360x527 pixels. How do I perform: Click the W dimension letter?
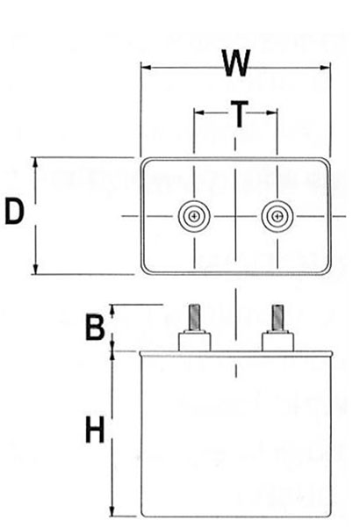[236, 63]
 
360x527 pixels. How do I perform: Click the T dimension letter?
[239, 114]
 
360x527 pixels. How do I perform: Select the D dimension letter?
[14, 212]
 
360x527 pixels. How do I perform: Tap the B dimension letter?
[95, 327]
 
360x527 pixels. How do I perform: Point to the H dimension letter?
[95, 430]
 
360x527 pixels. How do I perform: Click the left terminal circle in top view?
[194, 216]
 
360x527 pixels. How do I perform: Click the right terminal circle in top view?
[277, 216]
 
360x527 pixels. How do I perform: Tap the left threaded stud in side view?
[194, 317]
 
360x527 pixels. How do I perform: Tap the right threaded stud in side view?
[277, 317]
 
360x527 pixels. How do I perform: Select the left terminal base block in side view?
[194, 341]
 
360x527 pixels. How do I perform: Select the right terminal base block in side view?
[277, 341]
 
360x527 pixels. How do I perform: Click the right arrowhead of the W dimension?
[325, 68]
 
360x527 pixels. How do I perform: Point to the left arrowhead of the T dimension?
[199, 112]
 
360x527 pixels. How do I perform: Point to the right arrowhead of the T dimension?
[271, 112]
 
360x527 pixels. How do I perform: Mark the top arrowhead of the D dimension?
[35, 162]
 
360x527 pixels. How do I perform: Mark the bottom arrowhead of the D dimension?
[35, 269]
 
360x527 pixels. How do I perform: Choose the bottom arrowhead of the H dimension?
[112, 510]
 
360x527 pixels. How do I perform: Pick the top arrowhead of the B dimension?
[112, 310]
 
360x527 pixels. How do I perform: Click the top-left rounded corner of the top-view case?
[144, 161]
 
